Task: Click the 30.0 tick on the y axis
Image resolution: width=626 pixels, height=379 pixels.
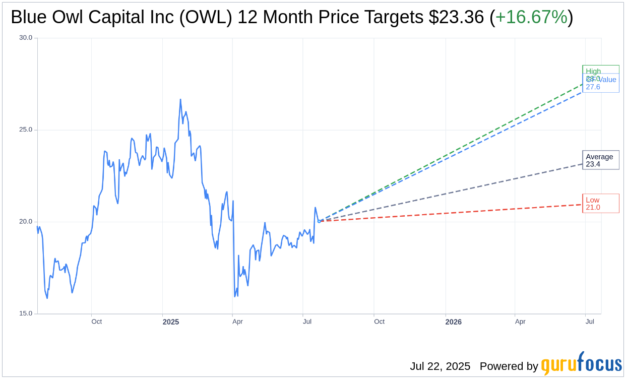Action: (x=26, y=38)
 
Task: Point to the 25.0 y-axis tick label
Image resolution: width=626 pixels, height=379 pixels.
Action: (x=26, y=130)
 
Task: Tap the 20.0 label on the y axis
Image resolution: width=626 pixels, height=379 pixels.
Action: (x=26, y=222)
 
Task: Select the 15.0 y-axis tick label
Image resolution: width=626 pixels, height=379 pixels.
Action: (x=26, y=313)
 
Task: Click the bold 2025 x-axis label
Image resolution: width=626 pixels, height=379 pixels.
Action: (x=171, y=322)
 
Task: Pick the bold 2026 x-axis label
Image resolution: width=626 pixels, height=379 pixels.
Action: (x=453, y=322)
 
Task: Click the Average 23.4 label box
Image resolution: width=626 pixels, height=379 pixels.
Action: (x=600, y=160)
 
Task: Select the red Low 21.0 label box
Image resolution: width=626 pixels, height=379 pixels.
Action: (x=600, y=204)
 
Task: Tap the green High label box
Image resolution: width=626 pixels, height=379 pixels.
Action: (x=600, y=70)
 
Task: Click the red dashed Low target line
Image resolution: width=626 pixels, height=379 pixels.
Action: (x=454, y=213)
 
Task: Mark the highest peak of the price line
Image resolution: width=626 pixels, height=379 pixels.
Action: (x=180, y=100)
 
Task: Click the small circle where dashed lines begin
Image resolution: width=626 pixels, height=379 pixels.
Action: (x=319, y=221)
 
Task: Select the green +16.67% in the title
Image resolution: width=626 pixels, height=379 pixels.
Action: (x=531, y=18)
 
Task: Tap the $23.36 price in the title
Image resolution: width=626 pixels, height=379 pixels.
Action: (x=457, y=18)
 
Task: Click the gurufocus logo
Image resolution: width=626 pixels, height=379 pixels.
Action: (x=581, y=364)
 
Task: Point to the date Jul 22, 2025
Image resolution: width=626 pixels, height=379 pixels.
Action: (x=440, y=366)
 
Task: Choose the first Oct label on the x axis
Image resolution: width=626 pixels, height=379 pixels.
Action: (x=96, y=322)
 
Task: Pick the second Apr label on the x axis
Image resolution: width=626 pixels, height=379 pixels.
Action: (x=520, y=322)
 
